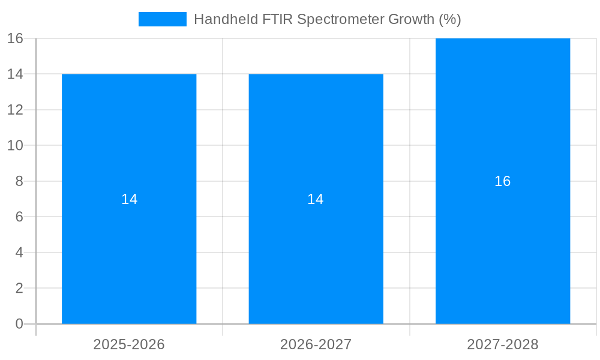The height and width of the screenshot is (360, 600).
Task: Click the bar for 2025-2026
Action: point(129,252)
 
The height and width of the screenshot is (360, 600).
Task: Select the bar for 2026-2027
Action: point(316,252)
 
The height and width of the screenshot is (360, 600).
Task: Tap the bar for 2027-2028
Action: point(503,252)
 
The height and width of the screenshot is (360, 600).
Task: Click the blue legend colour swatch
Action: point(163,19)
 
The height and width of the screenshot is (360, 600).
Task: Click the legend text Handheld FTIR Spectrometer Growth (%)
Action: point(327,19)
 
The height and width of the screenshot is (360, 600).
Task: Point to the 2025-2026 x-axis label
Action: point(129,345)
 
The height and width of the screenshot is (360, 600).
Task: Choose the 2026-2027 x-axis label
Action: point(316,345)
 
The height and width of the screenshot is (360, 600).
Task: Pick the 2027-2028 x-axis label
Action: point(503,345)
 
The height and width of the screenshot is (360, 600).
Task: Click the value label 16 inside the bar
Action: point(503,181)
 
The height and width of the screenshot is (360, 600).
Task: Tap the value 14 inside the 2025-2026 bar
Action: point(129,199)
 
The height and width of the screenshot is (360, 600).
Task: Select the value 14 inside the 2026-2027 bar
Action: point(316,199)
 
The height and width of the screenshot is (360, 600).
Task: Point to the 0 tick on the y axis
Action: point(19,324)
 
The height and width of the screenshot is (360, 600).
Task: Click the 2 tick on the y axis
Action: point(19,289)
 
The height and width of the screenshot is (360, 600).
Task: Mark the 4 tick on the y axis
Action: point(19,253)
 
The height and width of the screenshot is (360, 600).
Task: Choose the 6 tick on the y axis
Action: point(19,217)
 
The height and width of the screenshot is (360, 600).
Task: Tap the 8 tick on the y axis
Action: point(19,181)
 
